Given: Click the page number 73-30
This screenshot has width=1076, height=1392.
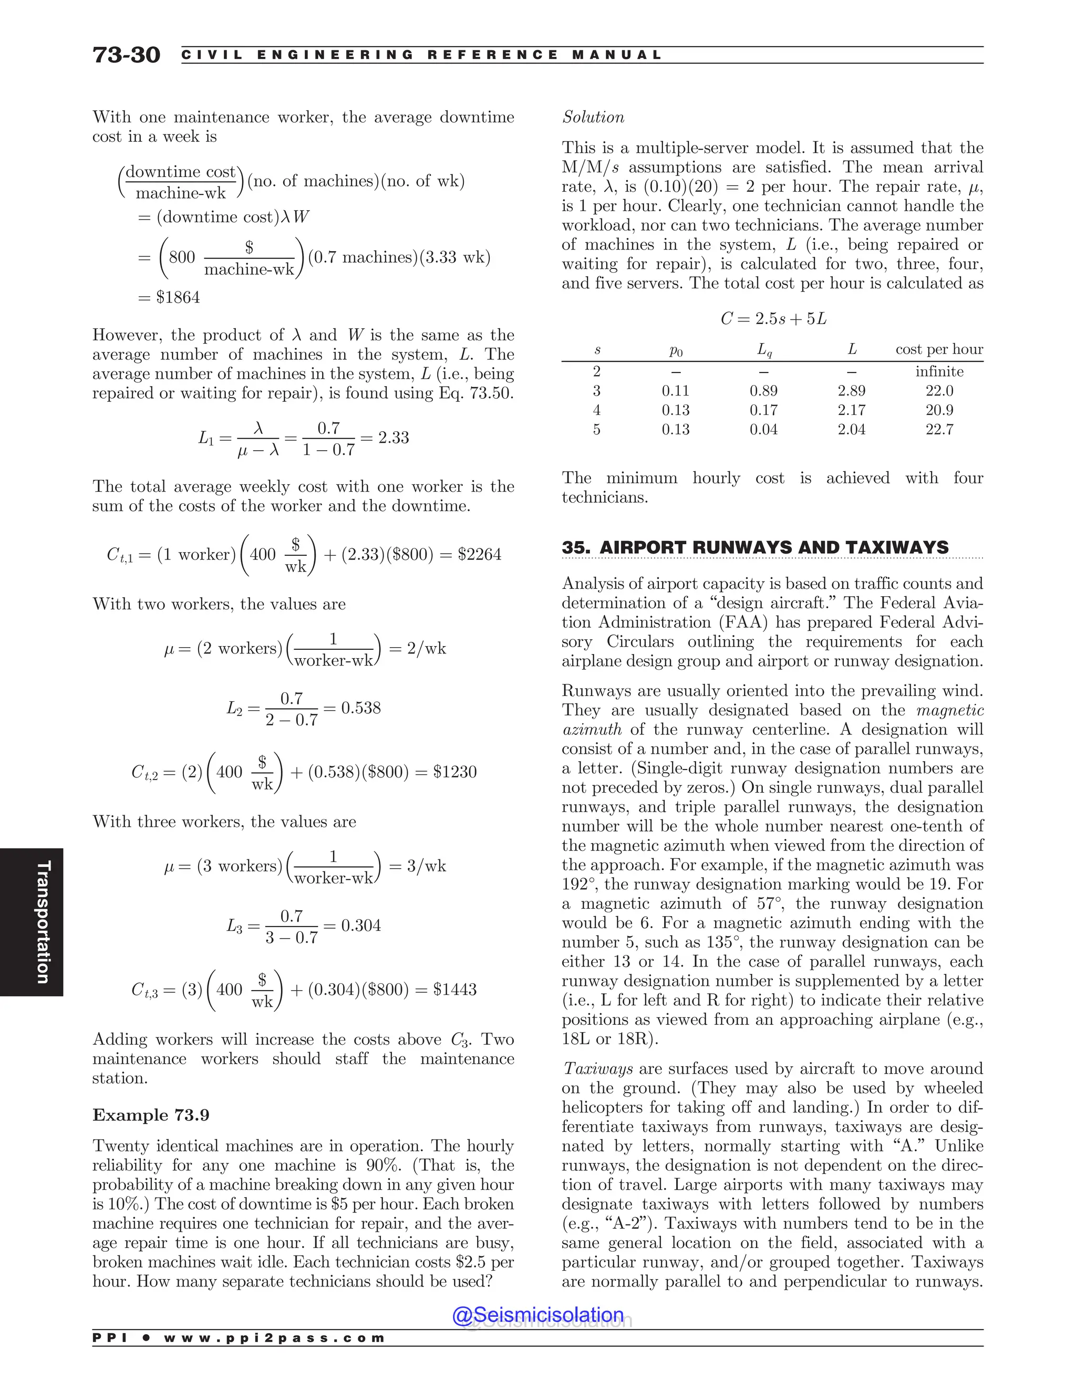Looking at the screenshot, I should click(x=126, y=56).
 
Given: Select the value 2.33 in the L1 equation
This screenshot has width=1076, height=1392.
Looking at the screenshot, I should click(x=394, y=438).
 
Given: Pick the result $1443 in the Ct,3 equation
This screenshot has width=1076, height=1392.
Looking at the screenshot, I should click(x=454, y=989).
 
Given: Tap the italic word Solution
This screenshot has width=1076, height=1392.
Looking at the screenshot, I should click(x=593, y=117).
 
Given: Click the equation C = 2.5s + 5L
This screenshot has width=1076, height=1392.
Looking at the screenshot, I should click(x=773, y=319).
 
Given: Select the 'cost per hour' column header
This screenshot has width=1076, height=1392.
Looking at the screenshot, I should click(x=939, y=349).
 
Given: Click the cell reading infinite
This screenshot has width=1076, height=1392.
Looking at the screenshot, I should click(x=939, y=371).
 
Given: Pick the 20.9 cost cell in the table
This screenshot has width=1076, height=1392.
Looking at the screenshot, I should click(x=939, y=410).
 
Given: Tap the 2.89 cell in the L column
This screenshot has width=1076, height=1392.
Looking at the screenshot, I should click(x=851, y=391).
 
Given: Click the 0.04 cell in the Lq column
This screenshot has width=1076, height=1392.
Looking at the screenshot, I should click(x=763, y=430).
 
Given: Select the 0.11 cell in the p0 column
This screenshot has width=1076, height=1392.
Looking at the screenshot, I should click(x=675, y=391).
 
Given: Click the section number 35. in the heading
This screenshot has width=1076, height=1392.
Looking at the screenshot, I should click(x=576, y=547).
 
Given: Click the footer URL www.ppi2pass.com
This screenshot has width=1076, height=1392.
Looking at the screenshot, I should click(x=274, y=1338).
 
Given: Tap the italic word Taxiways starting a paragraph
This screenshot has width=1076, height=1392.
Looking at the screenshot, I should click(x=597, y=1069).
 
